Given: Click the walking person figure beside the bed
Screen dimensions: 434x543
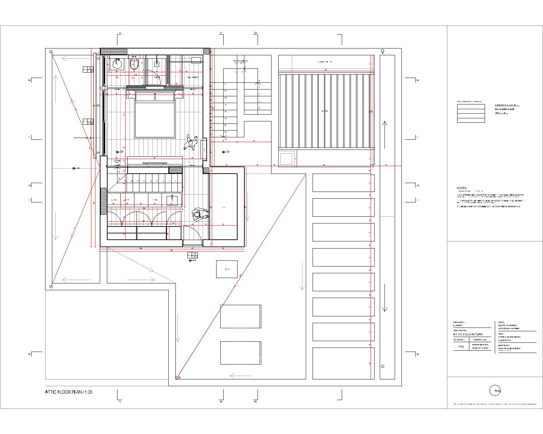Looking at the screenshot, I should [191, 143].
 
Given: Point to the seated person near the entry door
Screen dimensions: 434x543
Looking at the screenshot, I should [200, 215].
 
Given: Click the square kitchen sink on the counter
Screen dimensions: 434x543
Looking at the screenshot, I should [172, 200].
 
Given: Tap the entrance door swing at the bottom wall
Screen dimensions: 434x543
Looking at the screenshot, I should [192, 234].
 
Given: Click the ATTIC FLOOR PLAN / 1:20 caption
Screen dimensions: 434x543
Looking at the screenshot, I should [69, 392].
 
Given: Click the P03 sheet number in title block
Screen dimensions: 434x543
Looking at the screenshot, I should [461, 347].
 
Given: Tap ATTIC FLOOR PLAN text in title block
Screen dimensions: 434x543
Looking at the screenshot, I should [468, 334].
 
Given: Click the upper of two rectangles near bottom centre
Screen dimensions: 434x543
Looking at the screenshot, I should [241, 316].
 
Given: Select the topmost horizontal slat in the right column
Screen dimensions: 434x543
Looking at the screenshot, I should [343, 183].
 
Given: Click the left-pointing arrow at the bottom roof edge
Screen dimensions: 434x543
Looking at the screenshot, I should [241, 376].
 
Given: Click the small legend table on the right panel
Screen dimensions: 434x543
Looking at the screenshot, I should [471, 113].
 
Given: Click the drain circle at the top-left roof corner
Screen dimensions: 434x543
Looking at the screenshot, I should [51, 52].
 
